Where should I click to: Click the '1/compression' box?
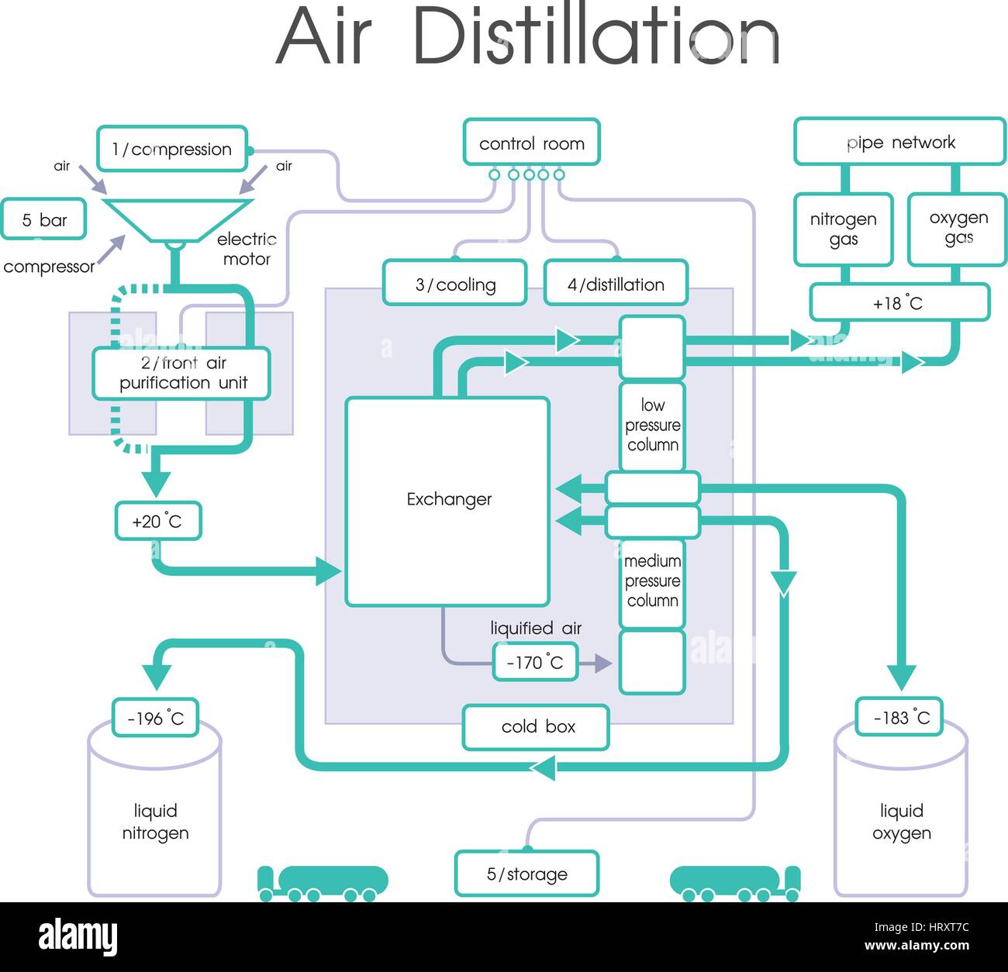172,149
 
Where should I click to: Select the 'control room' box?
531,143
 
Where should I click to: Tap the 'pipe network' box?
899,142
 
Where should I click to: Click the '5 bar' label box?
43,220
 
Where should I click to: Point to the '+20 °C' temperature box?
157,521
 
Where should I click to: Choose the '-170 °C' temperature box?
535,663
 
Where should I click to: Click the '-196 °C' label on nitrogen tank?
155,719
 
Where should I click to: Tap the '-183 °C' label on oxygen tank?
900,717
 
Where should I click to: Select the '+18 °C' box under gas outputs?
899,303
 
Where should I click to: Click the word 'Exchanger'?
449,499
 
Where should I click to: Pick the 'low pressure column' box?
652,426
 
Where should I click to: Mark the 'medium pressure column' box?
652,581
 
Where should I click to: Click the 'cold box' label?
536,727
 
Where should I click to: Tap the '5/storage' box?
526,874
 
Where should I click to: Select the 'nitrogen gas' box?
843,229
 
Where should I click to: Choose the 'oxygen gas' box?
958,228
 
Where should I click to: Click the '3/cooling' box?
454,284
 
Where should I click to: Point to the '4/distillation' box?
616,284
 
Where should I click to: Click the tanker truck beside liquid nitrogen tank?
323,884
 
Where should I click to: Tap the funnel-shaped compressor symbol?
178,219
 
